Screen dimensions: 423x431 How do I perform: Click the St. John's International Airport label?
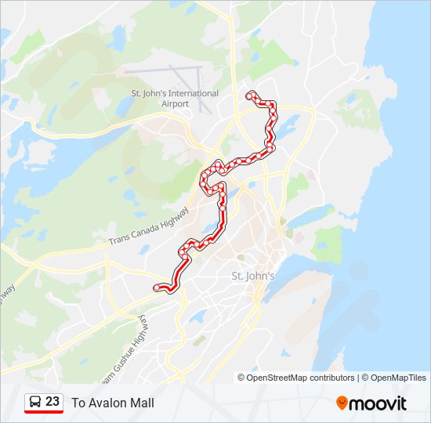pos(175,98)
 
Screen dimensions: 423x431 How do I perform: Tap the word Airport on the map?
pos(175,103)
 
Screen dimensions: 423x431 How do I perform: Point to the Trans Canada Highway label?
pos(149,226)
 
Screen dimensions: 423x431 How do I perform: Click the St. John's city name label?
pos(253,276)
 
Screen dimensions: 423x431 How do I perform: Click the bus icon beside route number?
pos(34,402)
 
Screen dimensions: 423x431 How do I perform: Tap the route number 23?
pos(53,402)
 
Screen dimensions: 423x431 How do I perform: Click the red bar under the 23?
pos(44,412)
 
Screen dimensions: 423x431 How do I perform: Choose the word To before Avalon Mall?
pos(78,403)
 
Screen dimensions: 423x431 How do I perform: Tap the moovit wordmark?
pos(378,403)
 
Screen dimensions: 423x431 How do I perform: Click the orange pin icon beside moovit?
pos(342,403)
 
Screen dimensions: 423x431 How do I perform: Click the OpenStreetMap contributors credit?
pos(301,378)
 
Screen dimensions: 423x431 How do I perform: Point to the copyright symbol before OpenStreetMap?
pos(241,378)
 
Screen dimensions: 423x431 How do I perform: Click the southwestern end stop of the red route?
pos(157,287)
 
